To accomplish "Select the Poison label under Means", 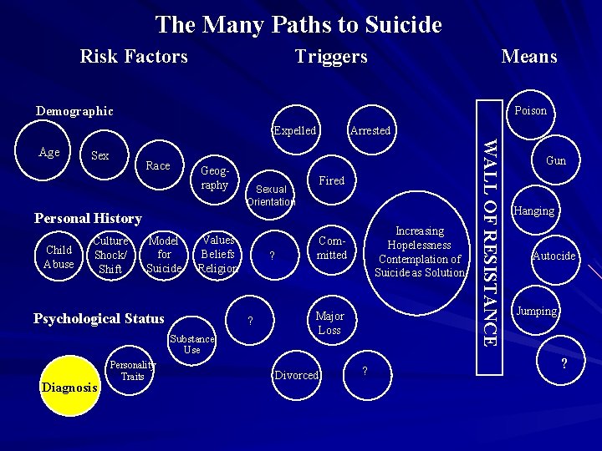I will (530, 110).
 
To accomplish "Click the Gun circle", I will (555, 160).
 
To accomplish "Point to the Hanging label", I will (534, 210).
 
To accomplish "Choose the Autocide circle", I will (554, 256).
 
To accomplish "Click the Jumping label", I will (536, 311).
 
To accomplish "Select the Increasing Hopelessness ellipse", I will (420, 251).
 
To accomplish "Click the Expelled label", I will (295, 130).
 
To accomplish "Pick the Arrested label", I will (370, 130).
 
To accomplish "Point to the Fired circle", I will (332, 180).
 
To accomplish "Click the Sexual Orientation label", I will (271, 195).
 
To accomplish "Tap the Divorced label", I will (297, 375).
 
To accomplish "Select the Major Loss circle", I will (329, 323).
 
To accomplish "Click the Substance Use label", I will (192, 344).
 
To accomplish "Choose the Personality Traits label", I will (132, 371).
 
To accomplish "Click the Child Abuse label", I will (59, 257).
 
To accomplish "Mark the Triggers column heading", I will (331, 56).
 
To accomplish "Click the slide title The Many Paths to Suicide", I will (298, 24).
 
